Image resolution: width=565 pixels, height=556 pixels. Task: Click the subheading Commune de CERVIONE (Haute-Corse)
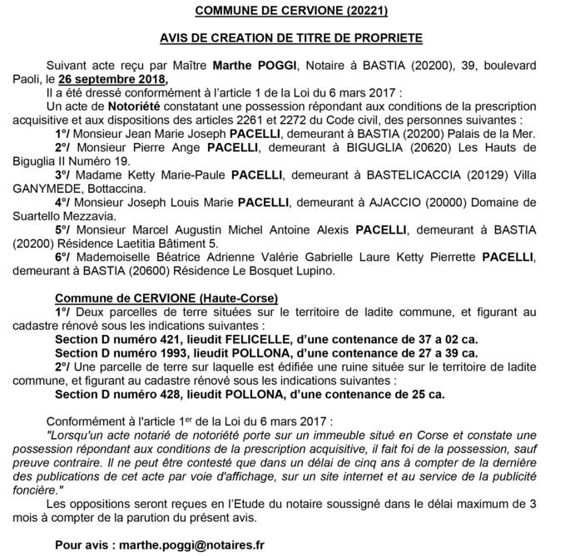pyautogui.click(x=166, y=297)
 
